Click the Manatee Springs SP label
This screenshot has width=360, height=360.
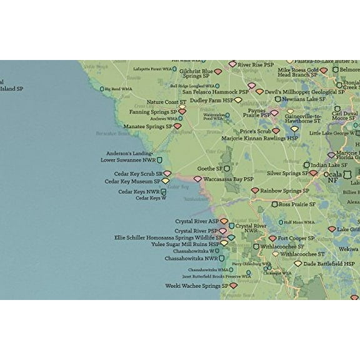147,126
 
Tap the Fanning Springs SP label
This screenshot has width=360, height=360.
152,112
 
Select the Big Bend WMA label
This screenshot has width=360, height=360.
117,89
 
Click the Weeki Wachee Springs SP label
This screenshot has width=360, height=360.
197,286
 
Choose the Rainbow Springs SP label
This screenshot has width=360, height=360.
284,191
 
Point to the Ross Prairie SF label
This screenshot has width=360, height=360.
297,204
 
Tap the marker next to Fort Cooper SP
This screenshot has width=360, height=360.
272,238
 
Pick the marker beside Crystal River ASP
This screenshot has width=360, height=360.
224,221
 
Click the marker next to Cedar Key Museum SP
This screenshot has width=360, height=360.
166,181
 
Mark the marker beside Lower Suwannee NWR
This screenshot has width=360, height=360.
159,160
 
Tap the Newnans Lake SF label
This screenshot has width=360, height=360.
304,99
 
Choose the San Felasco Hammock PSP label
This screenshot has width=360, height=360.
215,91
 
